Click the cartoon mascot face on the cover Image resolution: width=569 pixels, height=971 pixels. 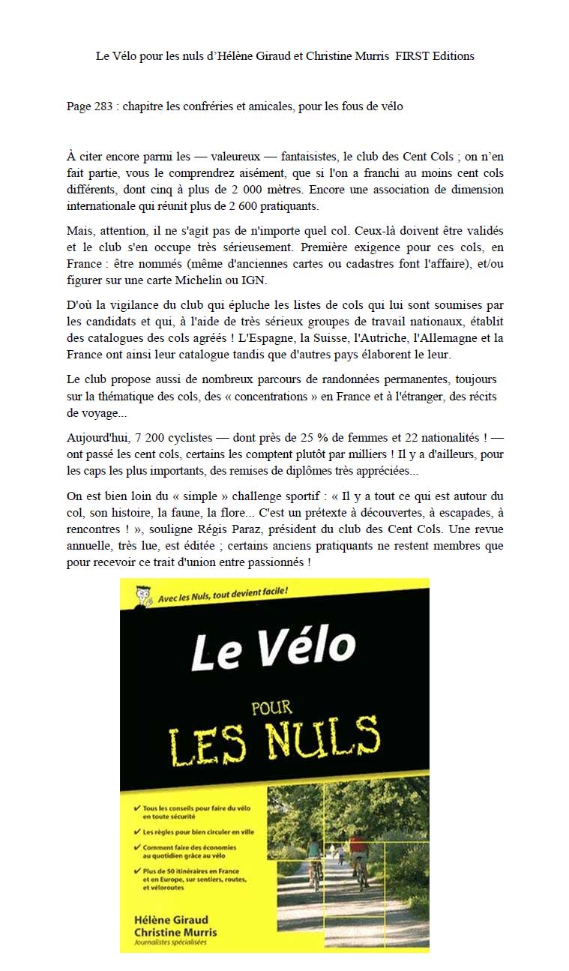(142, 595)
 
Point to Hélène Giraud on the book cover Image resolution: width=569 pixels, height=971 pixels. (171, 919)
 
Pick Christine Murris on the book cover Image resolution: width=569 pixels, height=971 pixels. (175, 932)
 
